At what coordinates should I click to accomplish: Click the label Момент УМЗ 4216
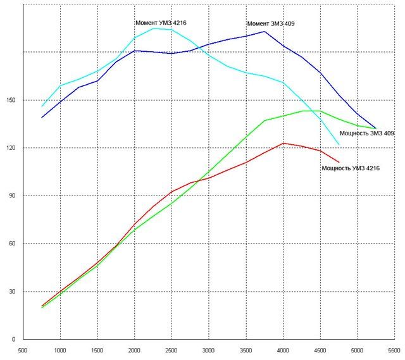(161, 23)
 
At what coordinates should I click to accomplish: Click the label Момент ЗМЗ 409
(271, 24)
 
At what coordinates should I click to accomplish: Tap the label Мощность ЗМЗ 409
(367, 133)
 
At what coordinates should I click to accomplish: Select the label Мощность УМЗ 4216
(351, 168)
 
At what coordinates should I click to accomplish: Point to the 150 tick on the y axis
(12, 100)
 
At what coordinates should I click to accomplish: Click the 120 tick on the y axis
(12, 148)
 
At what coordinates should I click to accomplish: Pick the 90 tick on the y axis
(14, 196)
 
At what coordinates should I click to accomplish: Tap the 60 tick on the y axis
(14, 244)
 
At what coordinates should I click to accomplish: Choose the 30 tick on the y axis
(14, 292)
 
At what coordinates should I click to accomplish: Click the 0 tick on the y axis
(16, 340)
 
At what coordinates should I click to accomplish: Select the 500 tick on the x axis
(23, 349)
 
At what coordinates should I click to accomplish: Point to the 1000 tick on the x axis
(60, 349)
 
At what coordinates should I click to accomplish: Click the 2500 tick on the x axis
(171, 349)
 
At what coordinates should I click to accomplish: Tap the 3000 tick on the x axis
(209, 349)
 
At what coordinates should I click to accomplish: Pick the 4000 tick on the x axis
(283, 349)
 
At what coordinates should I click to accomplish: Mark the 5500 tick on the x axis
(394, 349)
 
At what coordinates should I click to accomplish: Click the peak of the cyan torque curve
(154, 28)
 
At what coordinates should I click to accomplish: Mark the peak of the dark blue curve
(265, 31)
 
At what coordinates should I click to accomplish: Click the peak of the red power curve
(283, 143)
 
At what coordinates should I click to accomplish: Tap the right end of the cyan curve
(339, 144)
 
